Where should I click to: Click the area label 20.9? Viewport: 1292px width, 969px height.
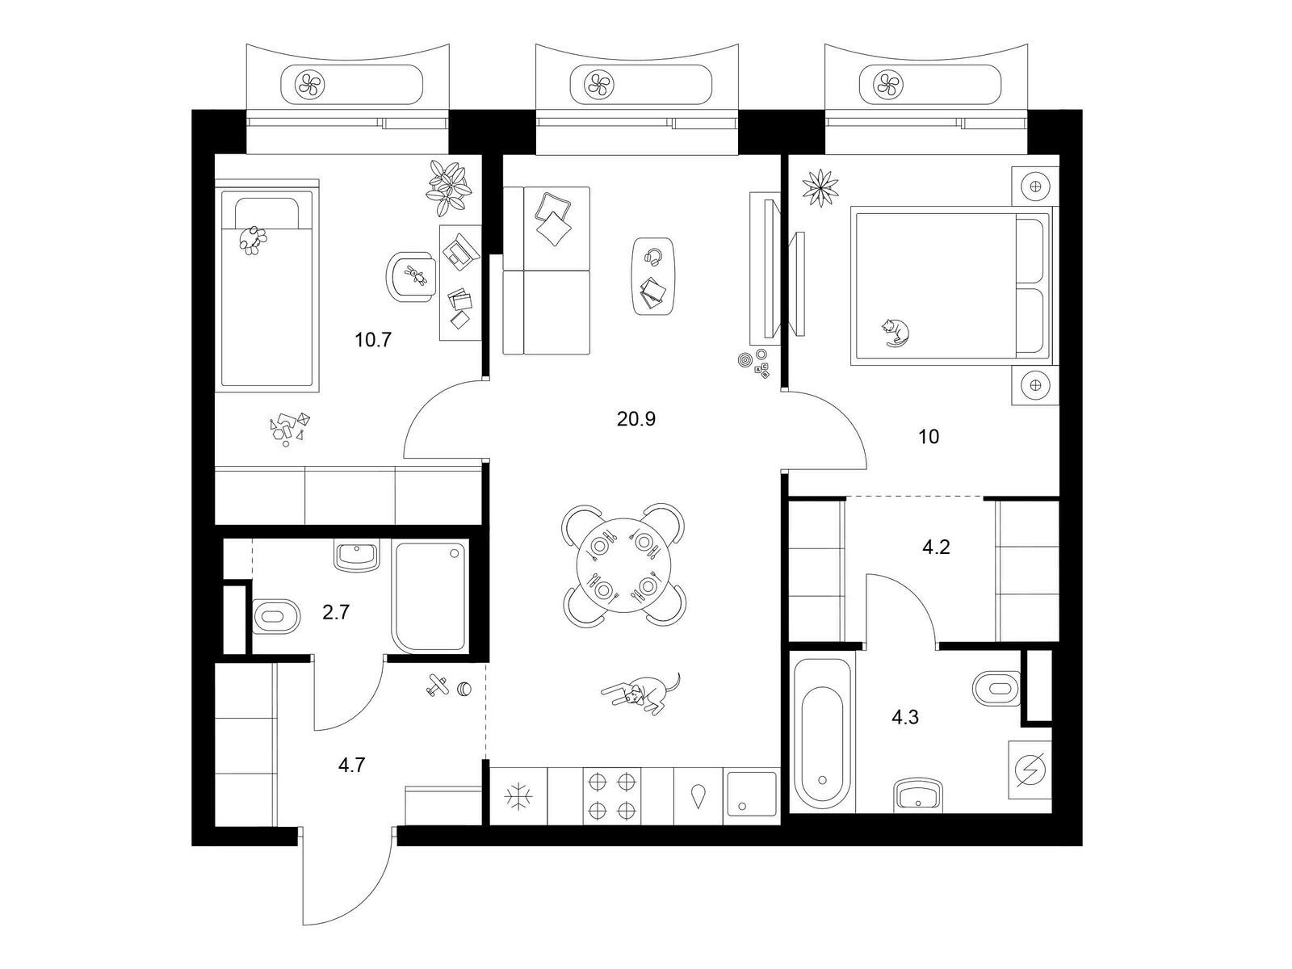[x=636, y=419]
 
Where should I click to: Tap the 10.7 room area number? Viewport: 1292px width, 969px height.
[x=372, y=339]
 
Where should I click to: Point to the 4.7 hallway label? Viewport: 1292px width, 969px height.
[x=351, y=765]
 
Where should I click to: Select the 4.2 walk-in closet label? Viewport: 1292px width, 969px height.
[x=936, y=547]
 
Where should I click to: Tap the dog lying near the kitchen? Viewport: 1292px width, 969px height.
[x=643, y=693]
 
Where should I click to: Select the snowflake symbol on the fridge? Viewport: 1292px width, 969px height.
[x=518, y=797]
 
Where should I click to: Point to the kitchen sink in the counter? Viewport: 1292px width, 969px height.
[x=753, y=795]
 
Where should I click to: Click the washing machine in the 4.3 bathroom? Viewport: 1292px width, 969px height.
[x=1030, y=770]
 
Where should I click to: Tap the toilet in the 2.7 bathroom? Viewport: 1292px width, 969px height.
[x=276, y=617]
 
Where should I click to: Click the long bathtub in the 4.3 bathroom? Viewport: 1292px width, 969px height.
[x=822, y=732]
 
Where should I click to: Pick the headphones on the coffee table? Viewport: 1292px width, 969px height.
[x=653, y=257]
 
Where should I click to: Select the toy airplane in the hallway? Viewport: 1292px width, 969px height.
[x=438, y=684]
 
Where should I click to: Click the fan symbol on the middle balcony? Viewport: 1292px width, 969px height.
[x=598, y=83]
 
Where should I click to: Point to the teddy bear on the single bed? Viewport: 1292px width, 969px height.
[x=253, y=240]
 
